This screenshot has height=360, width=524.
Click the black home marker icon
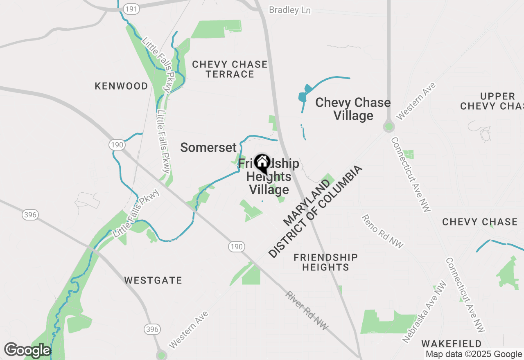262,163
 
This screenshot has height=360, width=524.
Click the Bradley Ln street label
290,10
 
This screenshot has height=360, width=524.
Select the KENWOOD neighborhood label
121,86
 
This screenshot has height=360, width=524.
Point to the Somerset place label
208,148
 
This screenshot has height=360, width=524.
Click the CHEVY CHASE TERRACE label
230,69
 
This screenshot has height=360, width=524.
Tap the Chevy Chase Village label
353,109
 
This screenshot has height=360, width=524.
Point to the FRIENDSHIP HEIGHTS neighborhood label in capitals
325,262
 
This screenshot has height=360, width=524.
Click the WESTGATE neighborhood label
153,281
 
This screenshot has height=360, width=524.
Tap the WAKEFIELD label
451,343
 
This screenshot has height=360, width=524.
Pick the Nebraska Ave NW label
424,312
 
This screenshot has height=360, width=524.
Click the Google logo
27,350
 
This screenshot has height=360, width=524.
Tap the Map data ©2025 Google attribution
474,354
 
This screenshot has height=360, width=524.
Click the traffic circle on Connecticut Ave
388,126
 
